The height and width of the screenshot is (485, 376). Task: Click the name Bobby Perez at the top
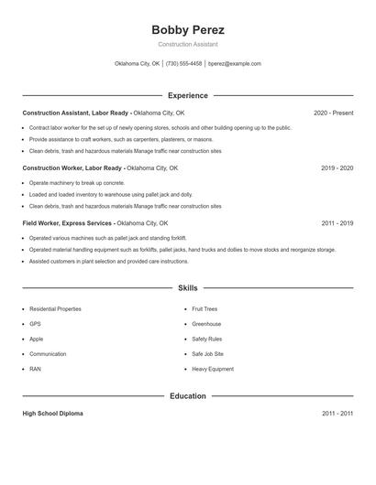[x=187, y=29]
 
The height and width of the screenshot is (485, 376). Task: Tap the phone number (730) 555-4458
[x=183, y=64]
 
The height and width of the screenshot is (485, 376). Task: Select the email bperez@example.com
[x=235, y=64]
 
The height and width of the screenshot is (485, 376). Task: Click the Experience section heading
[x=187, y=95]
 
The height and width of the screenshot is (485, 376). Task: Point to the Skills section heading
[x=187, y=287]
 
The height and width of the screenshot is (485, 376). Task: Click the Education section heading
[x=187, y=395]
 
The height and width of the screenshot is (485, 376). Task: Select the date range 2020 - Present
[x=333, y=113]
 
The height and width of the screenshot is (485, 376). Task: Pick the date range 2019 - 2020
[x=337, y=168]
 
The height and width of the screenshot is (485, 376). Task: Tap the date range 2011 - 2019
[x=337, y=223]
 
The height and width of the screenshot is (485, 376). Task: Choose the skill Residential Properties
[x=55, y=309]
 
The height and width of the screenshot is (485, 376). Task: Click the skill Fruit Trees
[x=205, y=309]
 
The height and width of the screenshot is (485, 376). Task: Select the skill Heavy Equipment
[x=213, y=369]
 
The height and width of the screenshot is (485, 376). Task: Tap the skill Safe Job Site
[x=207, y=354]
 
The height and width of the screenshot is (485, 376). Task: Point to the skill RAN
[x=35, y=369]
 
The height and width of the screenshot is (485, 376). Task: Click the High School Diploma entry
[x=52, y=414]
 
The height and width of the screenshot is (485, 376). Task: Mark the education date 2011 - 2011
[x=337, y=414]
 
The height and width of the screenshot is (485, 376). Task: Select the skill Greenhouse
[x=206, y=324]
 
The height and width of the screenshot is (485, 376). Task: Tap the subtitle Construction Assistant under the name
[x=187, y=44]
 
